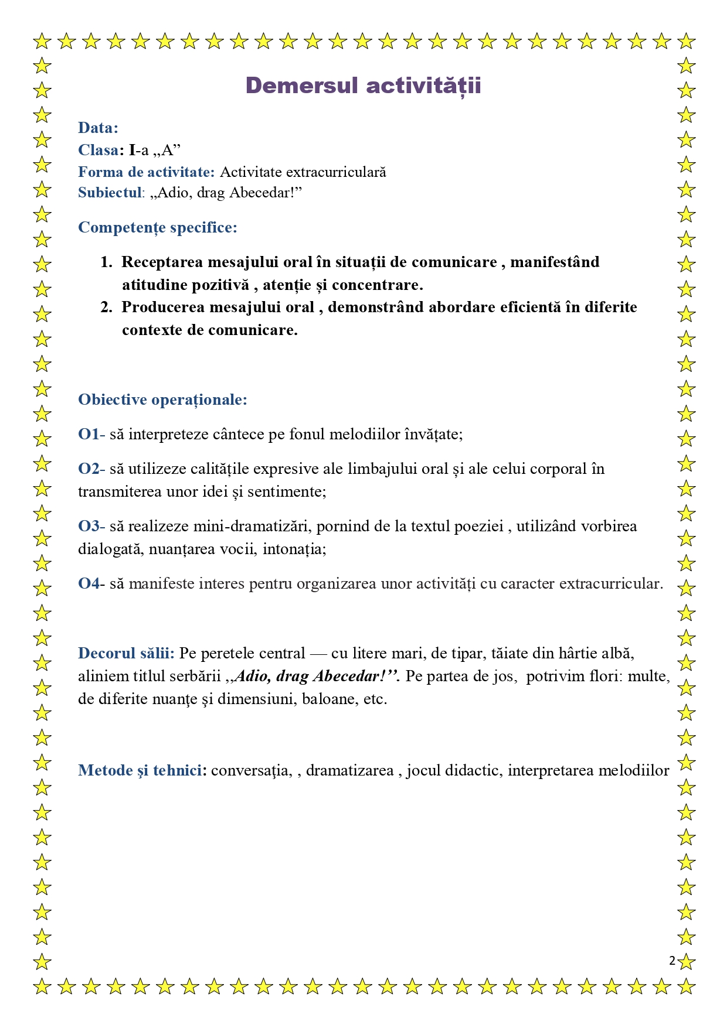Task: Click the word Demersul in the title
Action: click(x=301, y=86)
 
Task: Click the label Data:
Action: click(x=98, y=128)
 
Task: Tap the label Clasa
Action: click(x=98, y=150)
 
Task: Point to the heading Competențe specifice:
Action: click(x=158, y=227)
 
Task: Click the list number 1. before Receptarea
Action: click(x=106, y=262)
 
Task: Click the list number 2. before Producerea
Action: click(x=106, y=307)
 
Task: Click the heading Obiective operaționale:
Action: click(x=162, y=399)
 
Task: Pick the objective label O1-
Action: click(x=91, y=434)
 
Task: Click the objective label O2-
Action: click(x=91, y=469)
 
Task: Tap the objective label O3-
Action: click(x=91, y=526)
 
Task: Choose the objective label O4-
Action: click(x=91, y=583)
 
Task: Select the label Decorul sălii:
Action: click(x=126, y=653)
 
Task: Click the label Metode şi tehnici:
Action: click(x=142, y=770)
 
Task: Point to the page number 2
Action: click(x=672, y=961)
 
